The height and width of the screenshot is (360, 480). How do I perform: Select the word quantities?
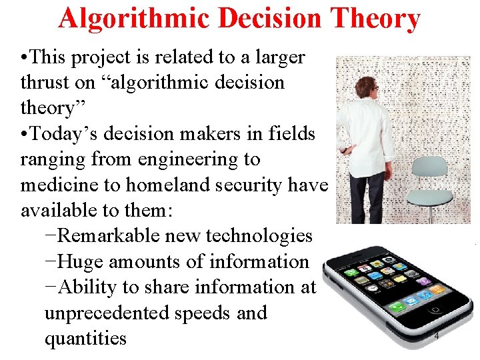click(85, 338)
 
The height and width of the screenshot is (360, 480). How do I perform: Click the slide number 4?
click(437, 336)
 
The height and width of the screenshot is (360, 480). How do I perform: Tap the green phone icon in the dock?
click(397, 307)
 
